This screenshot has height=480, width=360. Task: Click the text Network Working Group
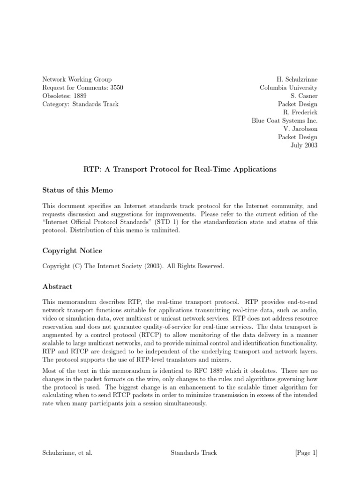point(77,80)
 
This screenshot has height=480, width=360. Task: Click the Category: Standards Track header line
point(81,104)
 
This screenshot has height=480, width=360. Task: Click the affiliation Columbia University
point(289,88)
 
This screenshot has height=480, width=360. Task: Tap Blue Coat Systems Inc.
point(285,120)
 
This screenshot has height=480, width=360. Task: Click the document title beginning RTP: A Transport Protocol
point(180,169)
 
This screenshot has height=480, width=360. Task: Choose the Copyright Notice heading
point(72,251)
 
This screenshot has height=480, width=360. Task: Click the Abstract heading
point(58,286)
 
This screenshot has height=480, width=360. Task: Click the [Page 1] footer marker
point(306,452)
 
